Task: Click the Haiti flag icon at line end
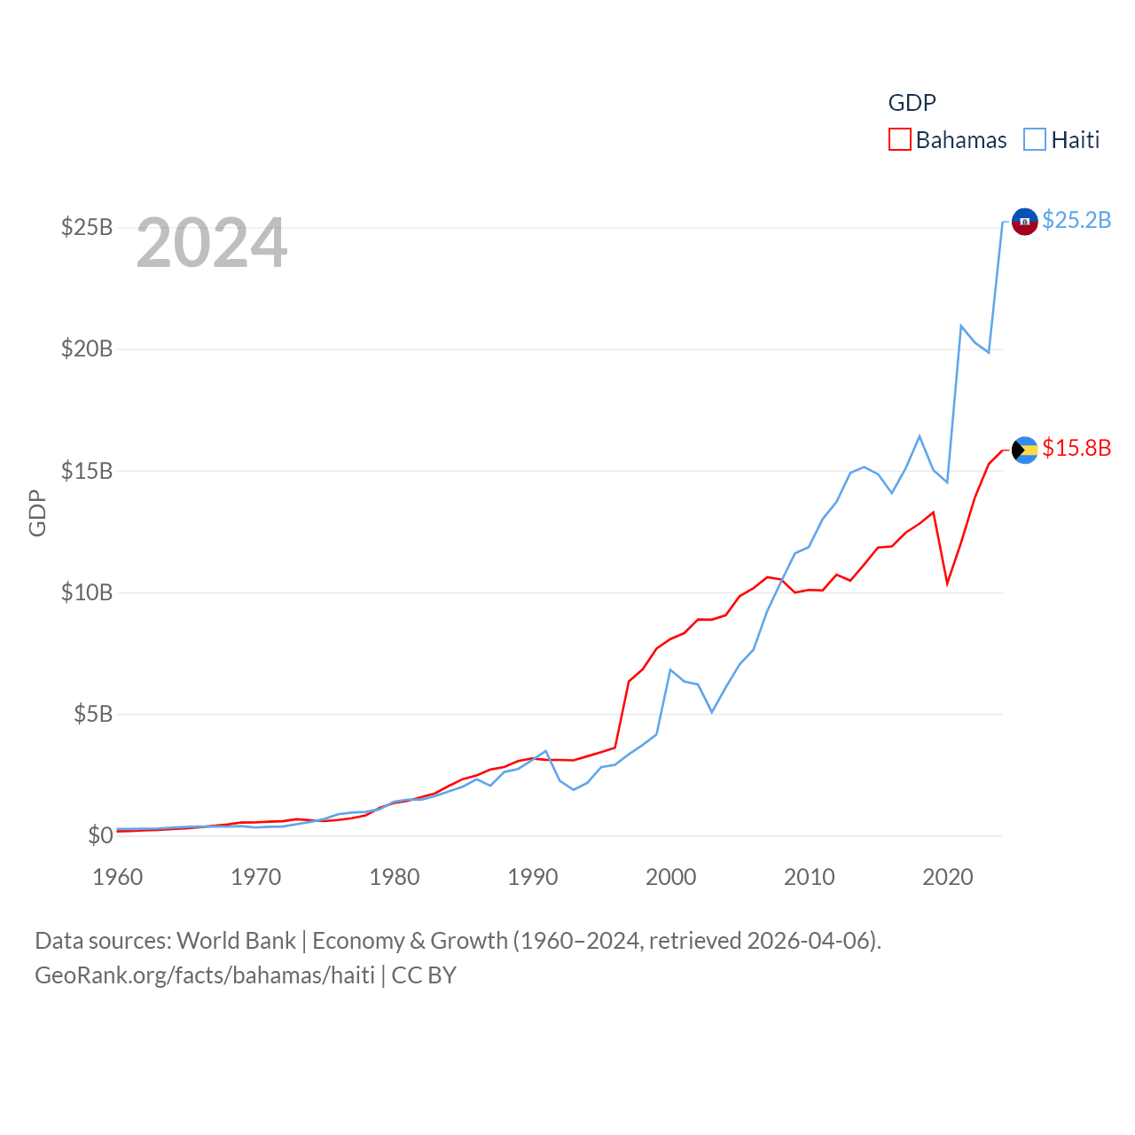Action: [x=1025, y=222]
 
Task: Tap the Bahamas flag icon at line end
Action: [x=1025, y=450]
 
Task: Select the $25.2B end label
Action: [x=1076, y=220]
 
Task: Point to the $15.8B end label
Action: [x=1076, y=448]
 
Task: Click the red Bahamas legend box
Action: [x=900, y=140]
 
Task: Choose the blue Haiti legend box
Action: [x=1035, y=140]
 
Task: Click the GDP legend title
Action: [x=912, y=103]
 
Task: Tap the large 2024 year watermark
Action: [x=212, y=243]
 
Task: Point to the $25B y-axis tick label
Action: [x=87, y=228]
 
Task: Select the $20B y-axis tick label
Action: [x=87, y=349]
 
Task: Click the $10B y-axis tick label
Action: [x=87, y=592]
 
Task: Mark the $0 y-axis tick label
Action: [x=100, y=835]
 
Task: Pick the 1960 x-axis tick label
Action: [x=118, y=878]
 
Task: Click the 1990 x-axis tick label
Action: [x=533, y=878]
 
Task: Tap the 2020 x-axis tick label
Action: [x=948, y=878]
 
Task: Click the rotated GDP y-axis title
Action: [x=37, y=513]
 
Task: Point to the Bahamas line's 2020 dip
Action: [x=948, y=583]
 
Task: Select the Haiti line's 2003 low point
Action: [x=712, y=711]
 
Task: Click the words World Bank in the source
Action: [x=236, y=941]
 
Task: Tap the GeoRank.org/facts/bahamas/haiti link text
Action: [x=205, y=975]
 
